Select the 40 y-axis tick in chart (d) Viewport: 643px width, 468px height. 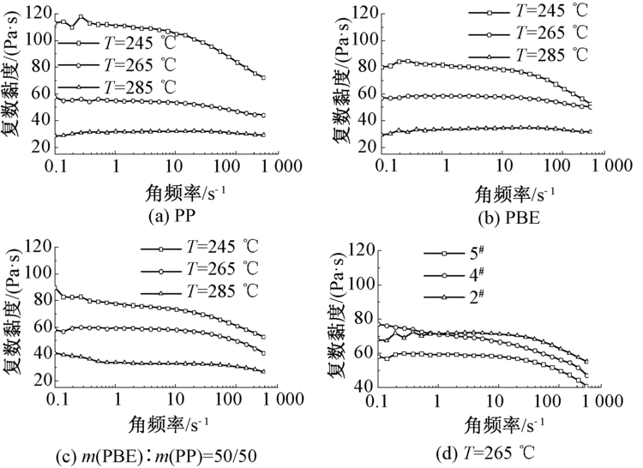364,387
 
